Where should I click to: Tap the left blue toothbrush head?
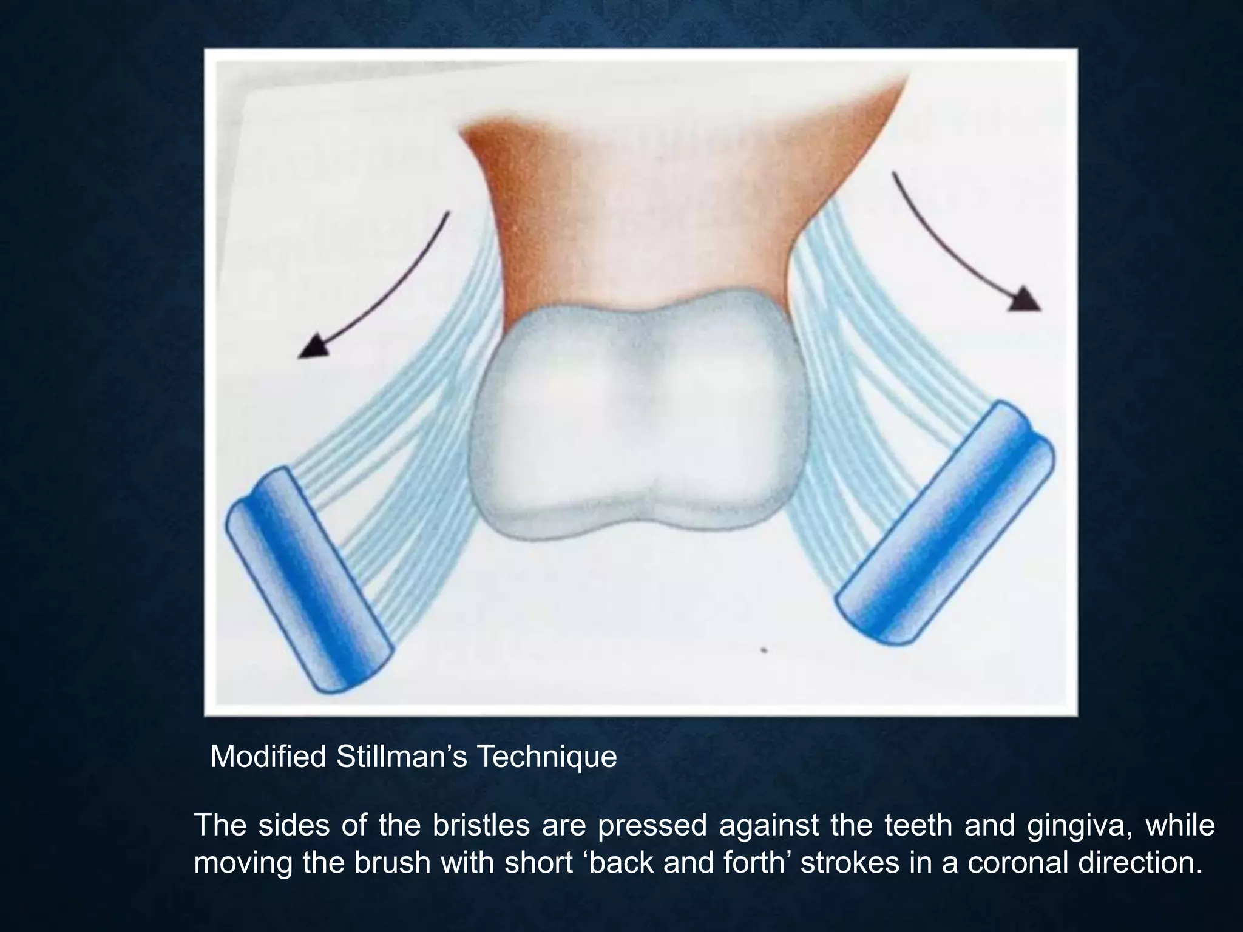pyautogui.click(x=309, y=579)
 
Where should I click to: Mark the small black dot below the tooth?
pyautogui.click(x=764, y=651)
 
